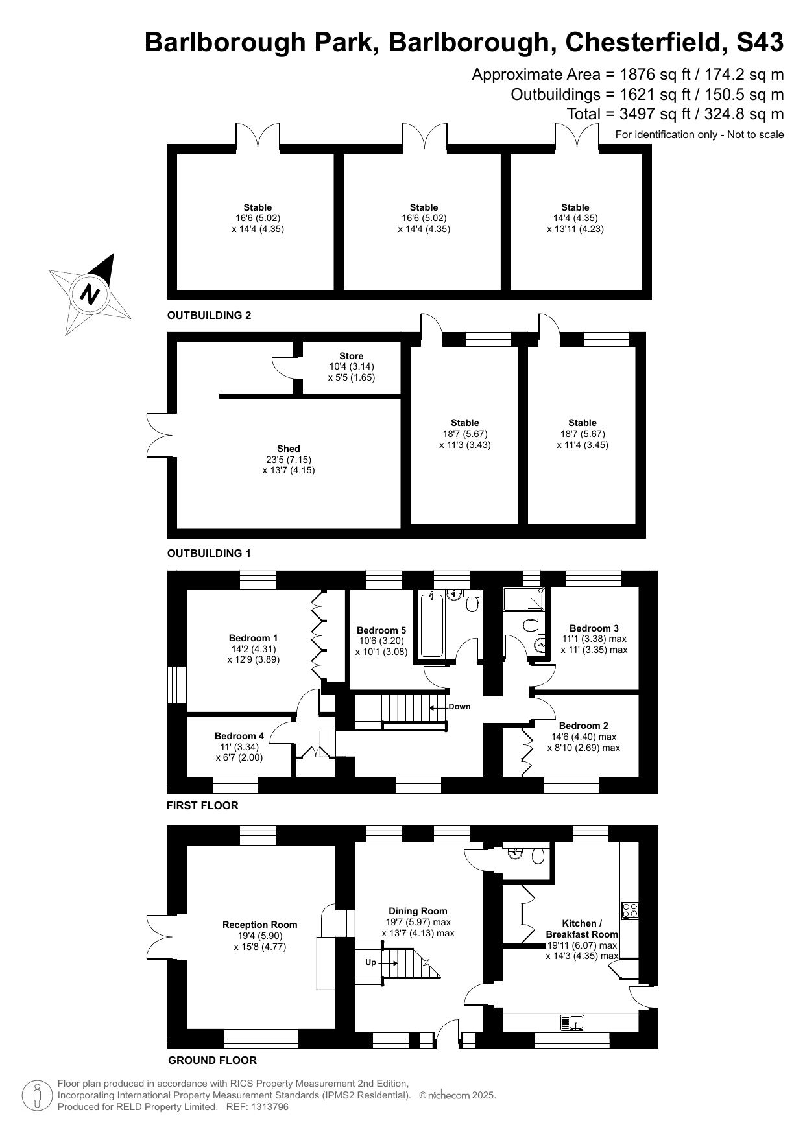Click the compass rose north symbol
coord(90,294)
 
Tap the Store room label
coord(352,356)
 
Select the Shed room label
coord(289,449)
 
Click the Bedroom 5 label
coord(381,630)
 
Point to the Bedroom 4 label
coord(239,736)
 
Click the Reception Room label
coord(259,925)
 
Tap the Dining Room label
coord(418,911)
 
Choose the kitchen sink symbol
coord(572,1023)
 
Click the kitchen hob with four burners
coord(631,910)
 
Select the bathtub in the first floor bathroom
coord(431,625)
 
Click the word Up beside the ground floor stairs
coord(370,962)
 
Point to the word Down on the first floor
coord(459,707)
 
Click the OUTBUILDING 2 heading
coord(209,316)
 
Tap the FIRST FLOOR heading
coord(202,805)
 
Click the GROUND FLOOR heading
coord(212,1060)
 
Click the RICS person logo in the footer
coord(37,1095)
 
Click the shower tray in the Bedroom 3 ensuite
coord(524,599)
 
